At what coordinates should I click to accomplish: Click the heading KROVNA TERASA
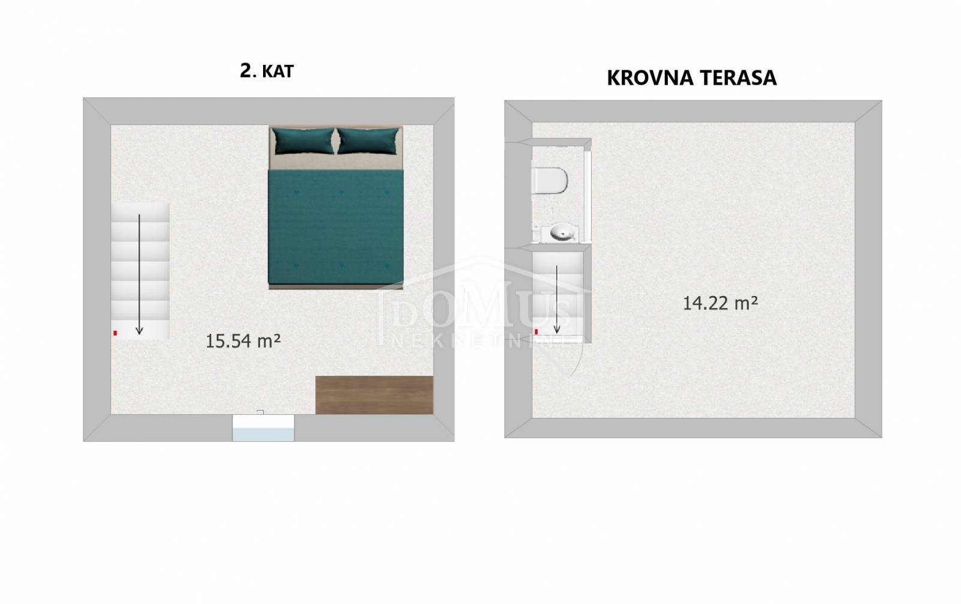click(691, 78)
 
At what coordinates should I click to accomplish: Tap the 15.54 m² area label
click(243, 340)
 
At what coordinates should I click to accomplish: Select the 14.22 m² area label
click(720, 303)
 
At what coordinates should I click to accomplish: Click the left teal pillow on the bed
click(303, 140)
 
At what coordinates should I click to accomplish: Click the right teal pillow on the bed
click(368, 140)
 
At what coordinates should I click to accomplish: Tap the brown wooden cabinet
click(374, 395)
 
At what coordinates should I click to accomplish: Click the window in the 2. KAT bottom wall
click(264, 427)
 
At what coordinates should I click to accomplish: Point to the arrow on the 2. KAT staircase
click(139, 274)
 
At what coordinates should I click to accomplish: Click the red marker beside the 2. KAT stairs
click(115, 333)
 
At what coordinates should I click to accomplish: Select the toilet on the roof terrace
click(550, 180)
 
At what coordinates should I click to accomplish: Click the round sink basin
click(562, 233)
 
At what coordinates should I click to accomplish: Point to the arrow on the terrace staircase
click(557, 300)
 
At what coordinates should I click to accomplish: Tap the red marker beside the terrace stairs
click(536, 331)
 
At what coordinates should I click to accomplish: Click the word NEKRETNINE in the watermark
click(484, 341)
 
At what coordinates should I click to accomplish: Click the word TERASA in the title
click(738, 78)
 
